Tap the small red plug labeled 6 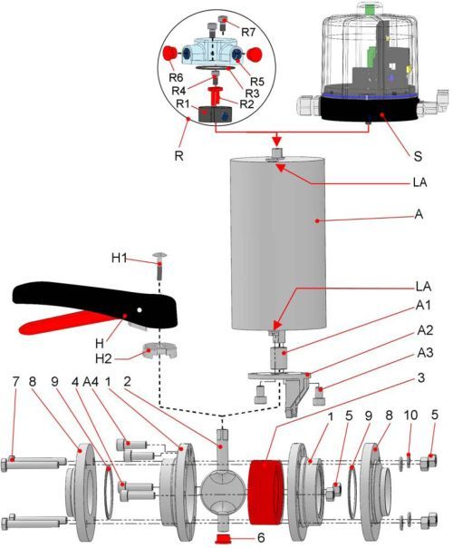[x=225, y=539]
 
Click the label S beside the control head [x=418, y=156]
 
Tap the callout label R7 [x=248, y=32]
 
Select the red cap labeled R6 [x=170, y=54]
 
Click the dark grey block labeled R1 [x=215, y=114]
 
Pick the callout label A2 [x=424, y=329]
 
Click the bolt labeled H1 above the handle [x=159, y=265]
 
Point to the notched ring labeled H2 [x=160, y=350]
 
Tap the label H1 [x=119, y=258]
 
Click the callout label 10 [x=410, y=415]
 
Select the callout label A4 [x=92, y=381]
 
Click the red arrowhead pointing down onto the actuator [x=276, y=141]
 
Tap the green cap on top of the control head [x=369, y=9]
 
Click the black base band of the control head [x=370, y=110]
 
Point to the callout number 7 [x=14, y=381]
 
